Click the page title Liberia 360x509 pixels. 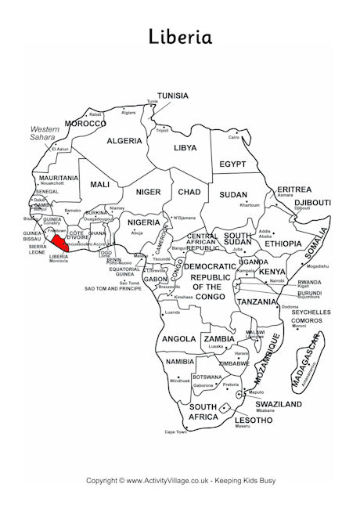tap(179, 37)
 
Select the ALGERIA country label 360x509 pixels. tap(124, 141)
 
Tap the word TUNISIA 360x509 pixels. tap(172, 96)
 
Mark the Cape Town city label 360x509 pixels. tap(175, 431)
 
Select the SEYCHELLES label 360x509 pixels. tap(310, 312)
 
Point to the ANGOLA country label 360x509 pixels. tap(178, 339)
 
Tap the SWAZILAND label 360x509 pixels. tap(278, 404)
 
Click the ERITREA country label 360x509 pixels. tap(294, 190)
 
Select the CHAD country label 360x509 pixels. tap(189, 192)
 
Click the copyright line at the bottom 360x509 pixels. tap(180, 480)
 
